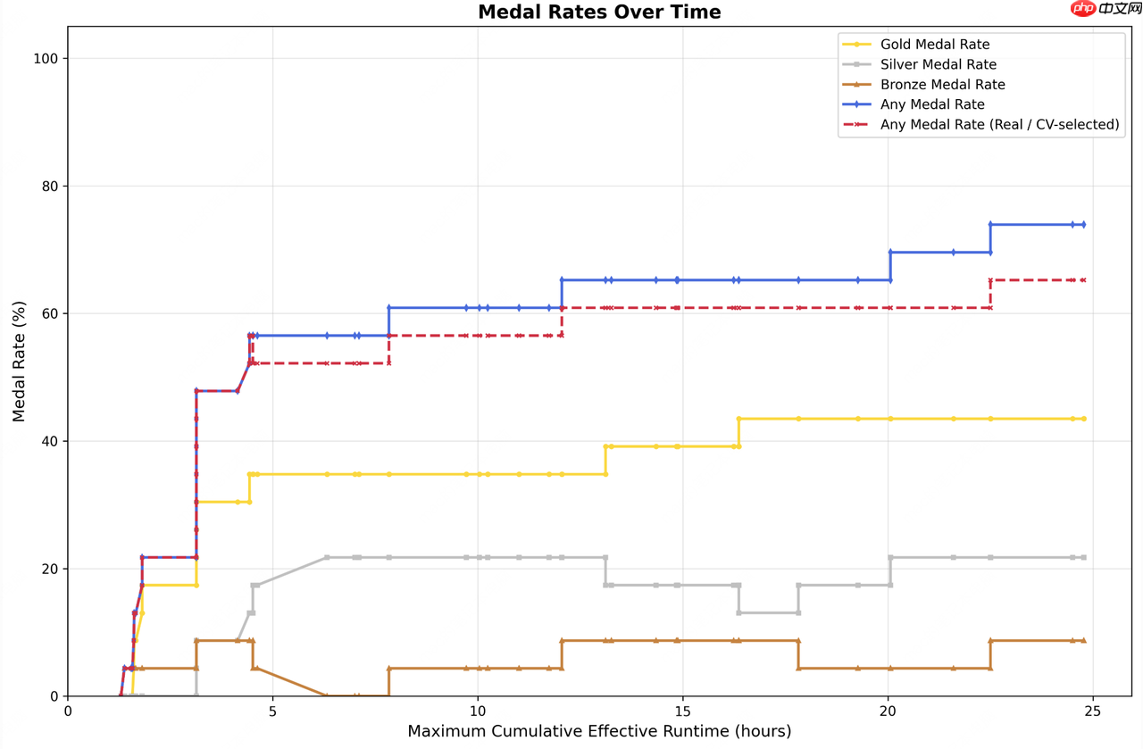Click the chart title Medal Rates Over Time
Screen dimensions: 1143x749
(599, 12)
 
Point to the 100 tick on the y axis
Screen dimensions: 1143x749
(46, 59)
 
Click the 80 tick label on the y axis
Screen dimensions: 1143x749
(50, 187)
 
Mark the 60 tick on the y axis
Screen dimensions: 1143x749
(50, 313)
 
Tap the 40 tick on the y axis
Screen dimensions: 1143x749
(50, 441)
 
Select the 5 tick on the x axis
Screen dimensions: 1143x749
(272, 712)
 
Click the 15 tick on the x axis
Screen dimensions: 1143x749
(682, 712)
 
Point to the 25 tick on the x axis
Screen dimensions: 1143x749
(1092, 712)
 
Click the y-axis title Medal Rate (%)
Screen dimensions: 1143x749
(19, 362)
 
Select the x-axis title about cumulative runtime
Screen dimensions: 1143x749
(599, 731)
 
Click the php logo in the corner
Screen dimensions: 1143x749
(1083, 8)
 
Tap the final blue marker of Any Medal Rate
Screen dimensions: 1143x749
(1083, 224)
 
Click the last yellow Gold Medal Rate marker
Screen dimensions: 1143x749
(1083, 419)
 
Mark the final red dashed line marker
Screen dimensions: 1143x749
(1083, 280)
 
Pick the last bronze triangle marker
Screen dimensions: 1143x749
(1083, 640)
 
